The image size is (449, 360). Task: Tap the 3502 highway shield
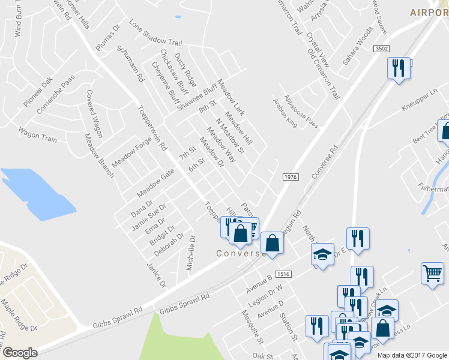[381, 49]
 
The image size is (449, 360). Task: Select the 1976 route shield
[291, 176]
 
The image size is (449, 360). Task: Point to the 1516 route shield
[283, 274]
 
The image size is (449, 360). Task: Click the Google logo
[20, 353]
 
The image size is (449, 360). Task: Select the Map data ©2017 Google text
[412, 355]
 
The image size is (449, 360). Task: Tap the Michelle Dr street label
[191, 252]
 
